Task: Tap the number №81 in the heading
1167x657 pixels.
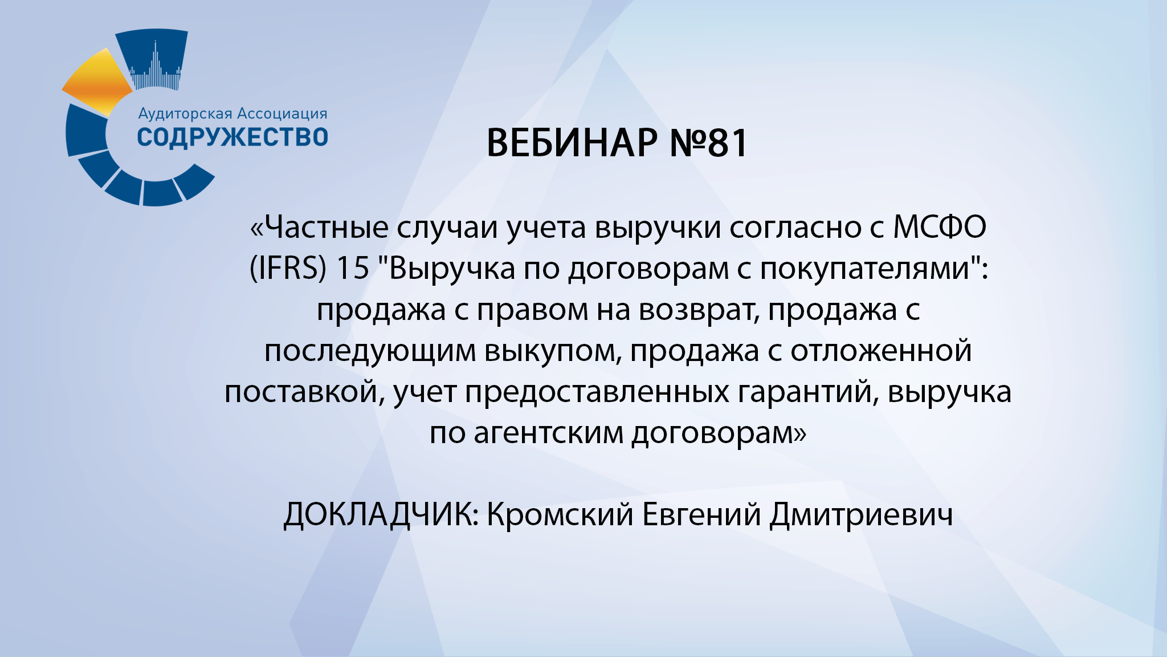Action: click(x=708, y=143)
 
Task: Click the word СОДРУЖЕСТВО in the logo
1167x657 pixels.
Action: click(x=232, y=137)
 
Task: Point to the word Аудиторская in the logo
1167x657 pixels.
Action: click(x=185, y=114)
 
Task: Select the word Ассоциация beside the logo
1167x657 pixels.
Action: click(x=281, y=113)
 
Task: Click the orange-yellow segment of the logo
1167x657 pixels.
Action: click(x=98, y=81)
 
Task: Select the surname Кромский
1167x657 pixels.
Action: click(x=560, y=514)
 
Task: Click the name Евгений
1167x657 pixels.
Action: click(x=701, y=514)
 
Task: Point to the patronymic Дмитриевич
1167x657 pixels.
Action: click(x=861, y=514)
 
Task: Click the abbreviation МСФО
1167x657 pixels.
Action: click(x=939, y=227)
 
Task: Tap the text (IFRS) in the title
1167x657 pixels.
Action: click(x=288, y=268)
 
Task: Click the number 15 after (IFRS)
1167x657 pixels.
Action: click(x=353, y=268)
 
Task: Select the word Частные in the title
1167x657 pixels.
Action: click(x=327, y=227)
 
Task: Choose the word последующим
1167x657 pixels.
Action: click(x=370, y=351)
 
